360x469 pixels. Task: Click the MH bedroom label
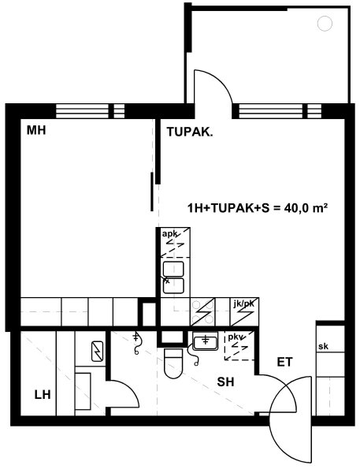[36, 130]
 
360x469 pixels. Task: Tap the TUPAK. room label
[190, 132]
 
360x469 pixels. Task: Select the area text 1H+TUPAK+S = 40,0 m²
[257, 207]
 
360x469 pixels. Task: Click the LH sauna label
[43, 395]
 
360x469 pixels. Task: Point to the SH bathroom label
[226, 382]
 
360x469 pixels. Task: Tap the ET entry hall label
[284, 363]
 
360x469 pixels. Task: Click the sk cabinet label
[323, 346]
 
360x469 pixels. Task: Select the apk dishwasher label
[169, 233]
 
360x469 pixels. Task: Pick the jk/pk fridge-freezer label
[243, 304]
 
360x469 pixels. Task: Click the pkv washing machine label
[236, 337]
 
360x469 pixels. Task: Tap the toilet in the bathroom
[173, 363]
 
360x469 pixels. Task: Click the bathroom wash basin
[205, 341]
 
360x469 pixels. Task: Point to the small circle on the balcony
[325, 24]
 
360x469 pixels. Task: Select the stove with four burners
[203, 312]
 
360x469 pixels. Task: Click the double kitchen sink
[173, 277]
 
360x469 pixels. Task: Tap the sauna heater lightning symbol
[97, 351]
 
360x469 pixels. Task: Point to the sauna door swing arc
[130, 389]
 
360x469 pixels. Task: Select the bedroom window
[90, 111]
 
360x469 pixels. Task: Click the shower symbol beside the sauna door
[136, 343]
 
